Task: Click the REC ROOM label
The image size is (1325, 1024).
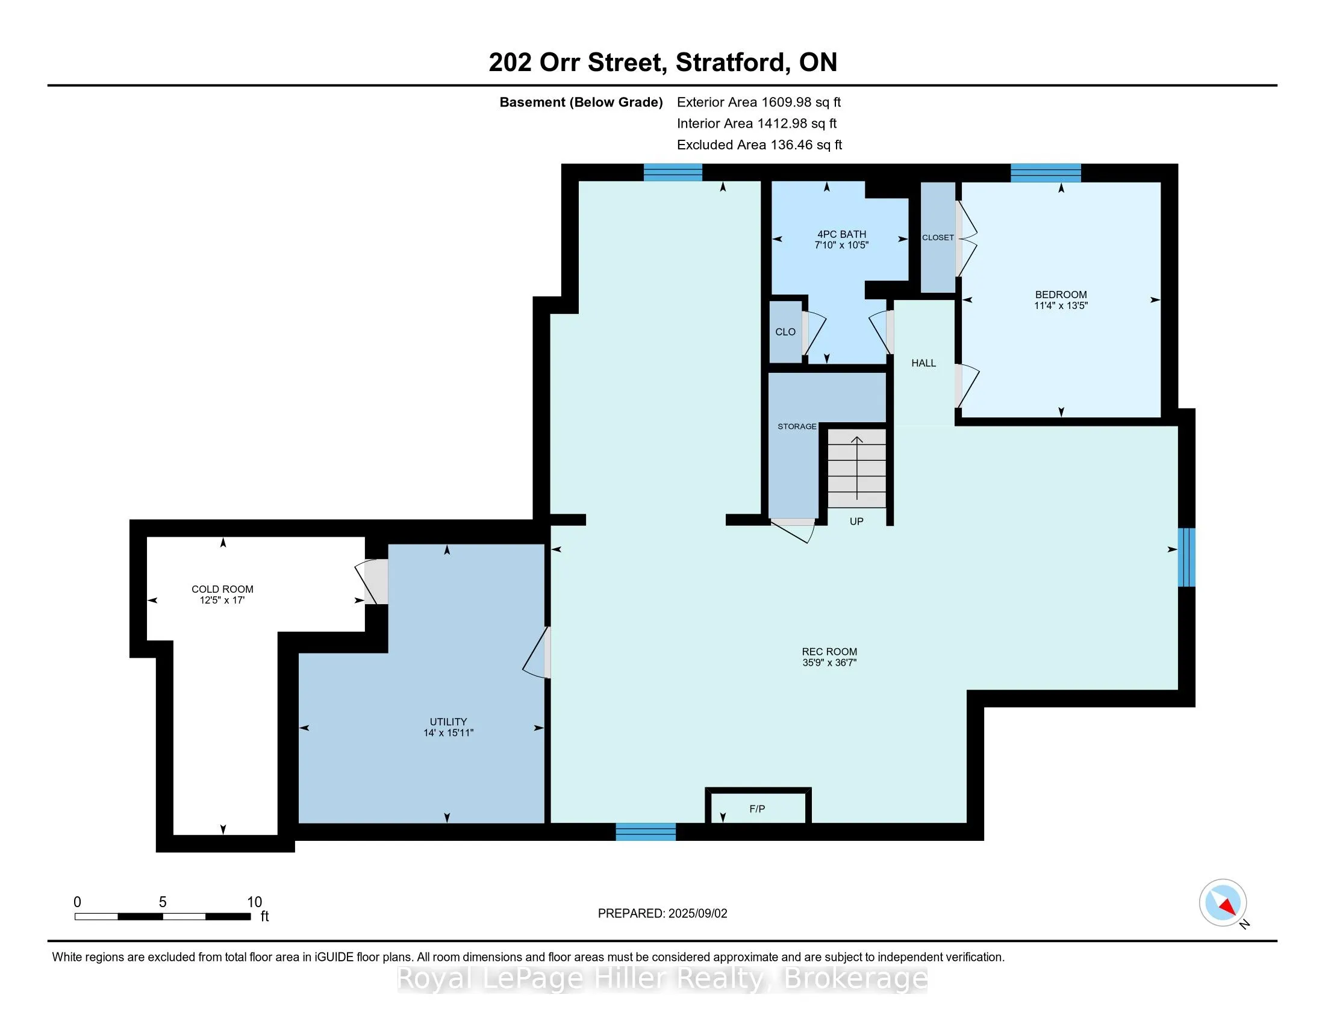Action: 829,652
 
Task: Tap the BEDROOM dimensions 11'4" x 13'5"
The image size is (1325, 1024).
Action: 1061,306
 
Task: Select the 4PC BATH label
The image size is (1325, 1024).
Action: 841,234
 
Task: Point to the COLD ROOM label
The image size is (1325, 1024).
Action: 222,589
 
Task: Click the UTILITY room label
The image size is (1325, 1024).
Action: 448,722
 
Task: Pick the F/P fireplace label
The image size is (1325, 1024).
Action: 757,808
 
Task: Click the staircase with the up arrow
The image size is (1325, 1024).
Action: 856,467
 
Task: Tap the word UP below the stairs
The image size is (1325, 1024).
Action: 856,521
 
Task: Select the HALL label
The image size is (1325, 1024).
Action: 923,363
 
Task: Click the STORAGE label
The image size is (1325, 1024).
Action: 797,426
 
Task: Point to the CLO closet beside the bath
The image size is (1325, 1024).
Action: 785,332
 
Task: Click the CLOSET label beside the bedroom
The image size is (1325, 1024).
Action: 938,237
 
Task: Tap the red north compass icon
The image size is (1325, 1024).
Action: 1223,903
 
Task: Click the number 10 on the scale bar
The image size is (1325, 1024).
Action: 254,902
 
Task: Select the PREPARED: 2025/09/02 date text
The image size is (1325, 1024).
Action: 662,914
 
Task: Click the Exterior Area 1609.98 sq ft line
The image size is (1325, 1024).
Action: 759,102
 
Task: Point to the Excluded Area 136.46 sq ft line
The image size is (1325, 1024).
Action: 759,145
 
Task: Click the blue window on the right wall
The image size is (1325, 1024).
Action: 1186,558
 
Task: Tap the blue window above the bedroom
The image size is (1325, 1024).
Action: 1046,173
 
